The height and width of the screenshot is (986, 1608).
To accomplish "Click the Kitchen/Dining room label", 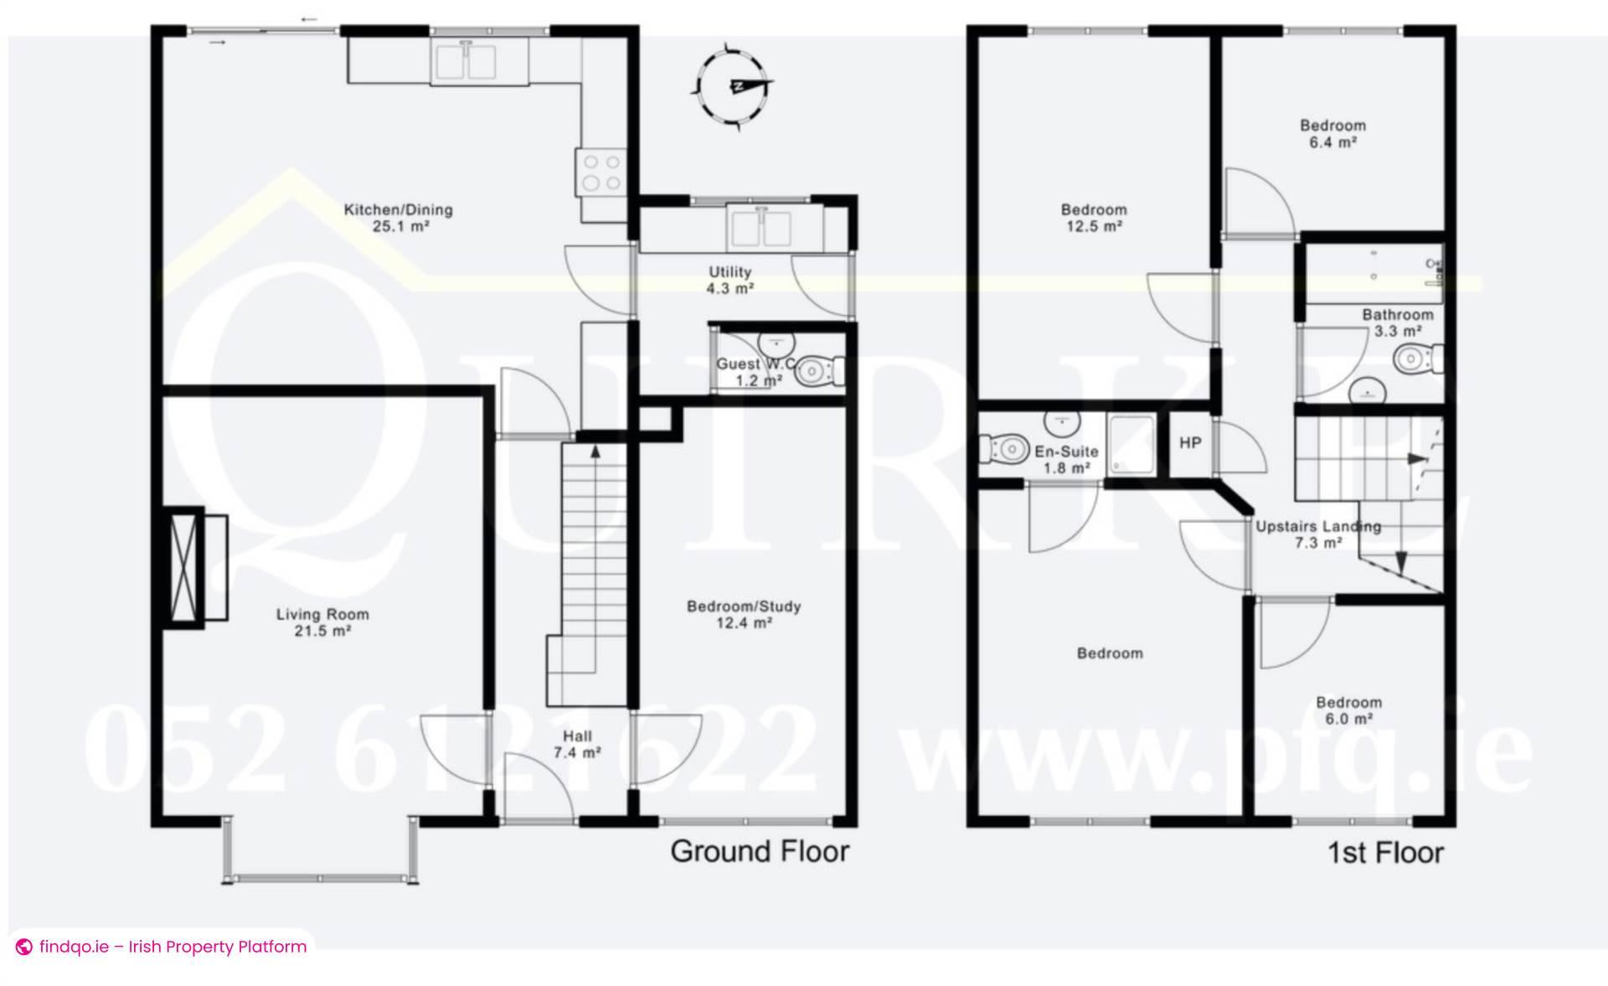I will (398, 217).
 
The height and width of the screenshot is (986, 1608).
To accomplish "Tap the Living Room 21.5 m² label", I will (322, 622).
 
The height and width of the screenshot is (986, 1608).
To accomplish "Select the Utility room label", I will (729, 280).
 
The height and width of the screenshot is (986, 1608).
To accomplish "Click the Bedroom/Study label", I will (744, 614).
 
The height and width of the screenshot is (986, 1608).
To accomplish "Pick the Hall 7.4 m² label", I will (577, 744).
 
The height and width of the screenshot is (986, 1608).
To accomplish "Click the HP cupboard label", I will (1190, 443).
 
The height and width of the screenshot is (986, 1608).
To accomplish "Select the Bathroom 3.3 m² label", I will (1397, 323).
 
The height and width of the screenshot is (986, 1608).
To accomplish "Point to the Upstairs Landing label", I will (1317, 534).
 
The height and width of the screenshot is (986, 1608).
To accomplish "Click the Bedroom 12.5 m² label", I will (1093, 218).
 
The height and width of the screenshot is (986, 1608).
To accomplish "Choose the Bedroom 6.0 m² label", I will (1348, 710).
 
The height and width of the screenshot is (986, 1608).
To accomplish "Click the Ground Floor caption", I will (760, 852).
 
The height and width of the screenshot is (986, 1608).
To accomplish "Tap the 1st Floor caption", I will (1385, 853).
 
